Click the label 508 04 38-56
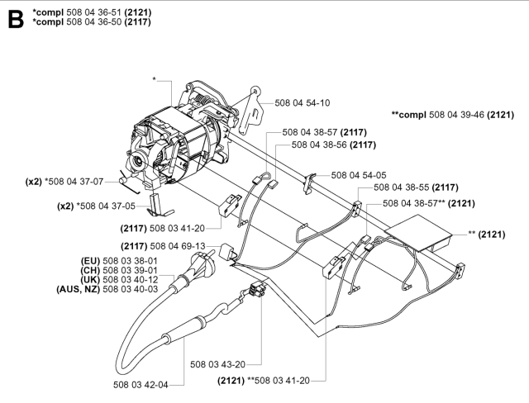(320, 144)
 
